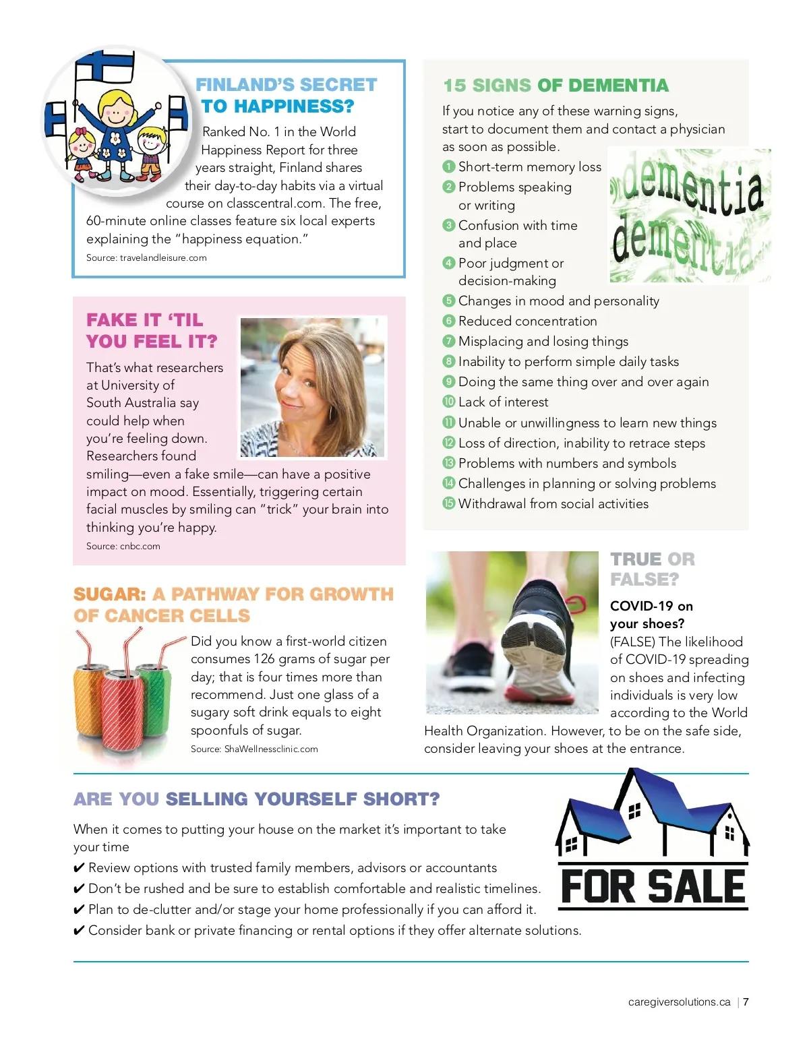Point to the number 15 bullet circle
449,503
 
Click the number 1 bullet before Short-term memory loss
449,166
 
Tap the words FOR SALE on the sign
653,886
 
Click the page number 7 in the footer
746,1002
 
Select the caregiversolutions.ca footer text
679,1002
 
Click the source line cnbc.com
123,546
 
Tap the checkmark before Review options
79,868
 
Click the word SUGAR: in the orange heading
110,594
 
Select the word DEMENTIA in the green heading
618,86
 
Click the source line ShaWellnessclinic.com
254,749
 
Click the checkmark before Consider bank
79,931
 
